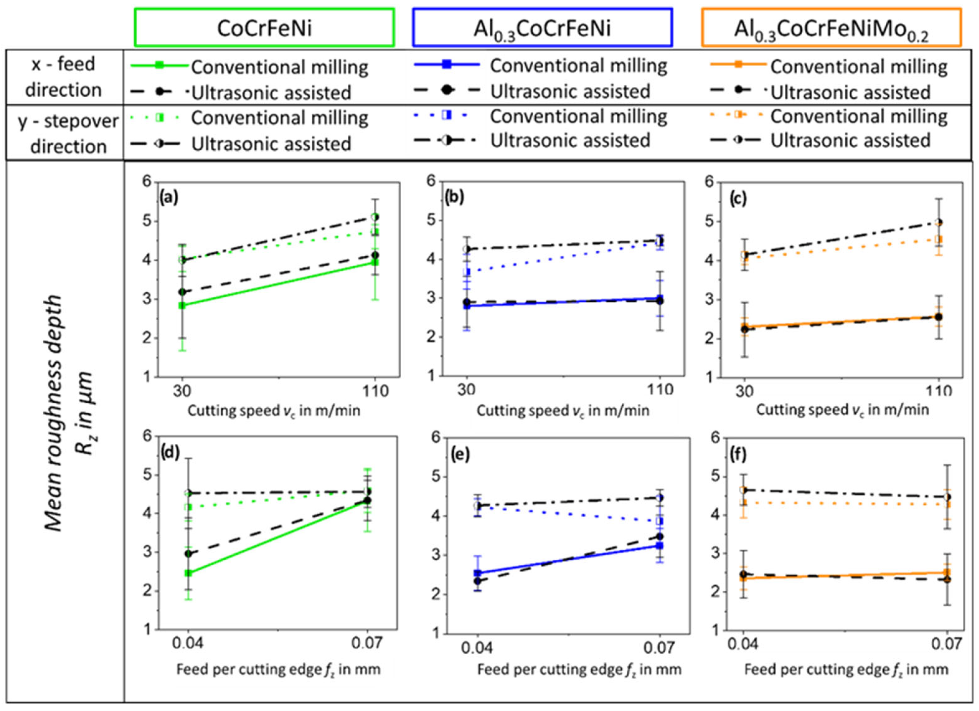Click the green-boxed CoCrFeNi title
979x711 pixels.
[264, 27]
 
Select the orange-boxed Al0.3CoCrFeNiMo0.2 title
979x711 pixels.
[831, 28]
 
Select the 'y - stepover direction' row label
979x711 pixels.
[68, 133]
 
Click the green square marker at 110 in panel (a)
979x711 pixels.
[375, 262]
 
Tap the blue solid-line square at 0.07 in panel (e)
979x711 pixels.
[659, 545]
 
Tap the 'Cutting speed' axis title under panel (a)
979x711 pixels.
[274, 410]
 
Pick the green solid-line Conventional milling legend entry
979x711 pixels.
[250, 67]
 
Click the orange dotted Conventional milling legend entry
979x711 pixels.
[829, 117]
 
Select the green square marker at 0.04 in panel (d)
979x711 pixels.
[188, 573]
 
